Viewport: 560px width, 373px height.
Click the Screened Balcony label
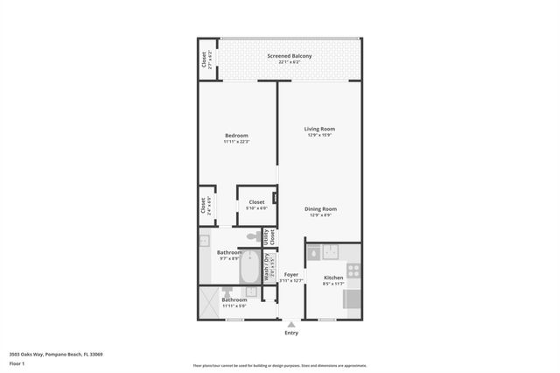click(x=289, y=56)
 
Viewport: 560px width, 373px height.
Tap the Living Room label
click(x=319, y=129)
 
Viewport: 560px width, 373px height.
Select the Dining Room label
click(x=320, y=208)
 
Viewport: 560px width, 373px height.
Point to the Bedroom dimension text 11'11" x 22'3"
click(x=236, y=142)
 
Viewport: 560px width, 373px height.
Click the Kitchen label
click(x=333, y=278)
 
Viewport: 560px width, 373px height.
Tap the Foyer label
click(x=291, y=275)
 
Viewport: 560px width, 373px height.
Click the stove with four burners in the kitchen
click(x=353, y=271)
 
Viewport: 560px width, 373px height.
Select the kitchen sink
click(x=331, y=252)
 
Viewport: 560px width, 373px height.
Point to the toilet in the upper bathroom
click(x=252, y=236)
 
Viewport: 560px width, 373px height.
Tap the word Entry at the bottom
click(x=291, y=333)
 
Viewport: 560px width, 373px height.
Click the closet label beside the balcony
click(x=205, y=60)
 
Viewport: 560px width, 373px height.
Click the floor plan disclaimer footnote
click(x=280, y=366)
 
